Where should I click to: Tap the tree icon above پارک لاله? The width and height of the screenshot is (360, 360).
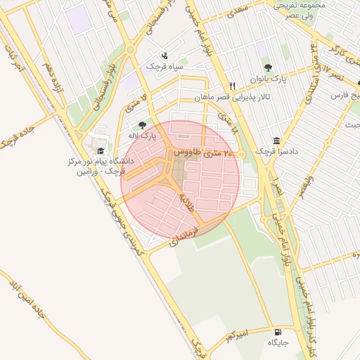tap(143, 124)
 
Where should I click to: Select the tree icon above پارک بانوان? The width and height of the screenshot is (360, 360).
tap(268, 68)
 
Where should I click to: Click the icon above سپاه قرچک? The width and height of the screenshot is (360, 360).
tap(165, 55)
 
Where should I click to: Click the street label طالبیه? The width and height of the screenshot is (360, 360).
tap(186, 202)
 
